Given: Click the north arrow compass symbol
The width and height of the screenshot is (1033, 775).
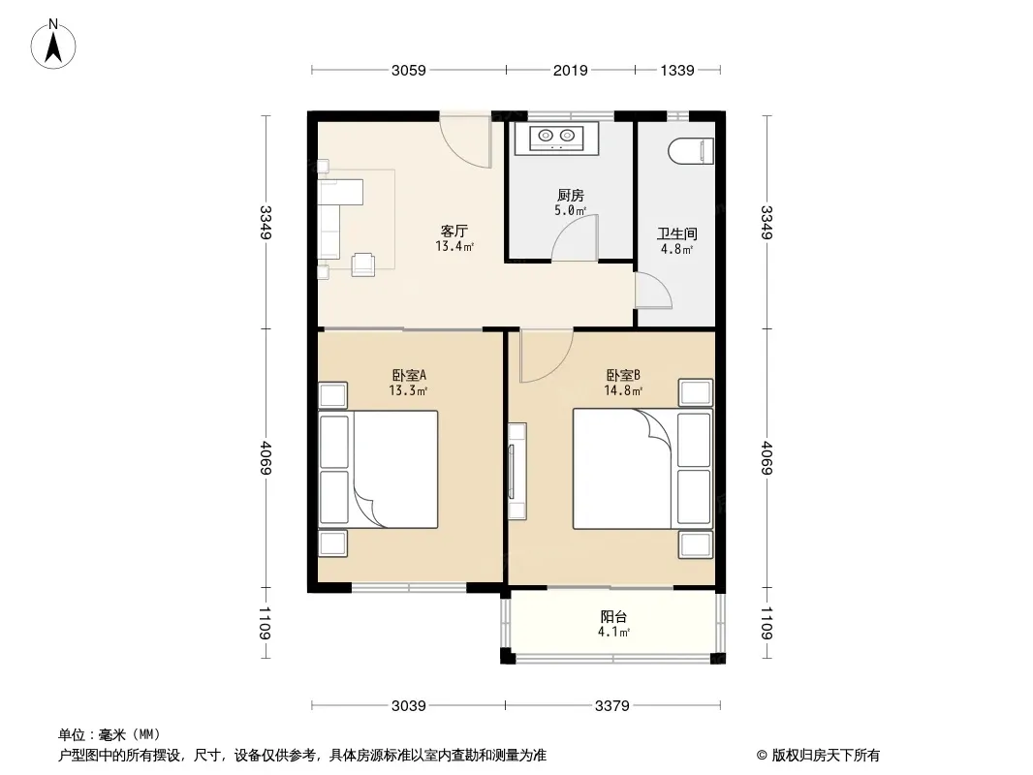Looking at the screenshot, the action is (x=53, y=45).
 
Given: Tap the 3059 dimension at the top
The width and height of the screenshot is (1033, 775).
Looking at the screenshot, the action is (x=409, y=70).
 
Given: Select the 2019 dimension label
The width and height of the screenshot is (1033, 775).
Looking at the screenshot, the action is (x=571, y=70).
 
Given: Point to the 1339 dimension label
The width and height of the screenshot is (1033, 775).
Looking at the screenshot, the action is (x=677, y=70).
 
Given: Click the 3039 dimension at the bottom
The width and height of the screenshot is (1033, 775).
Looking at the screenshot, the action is (x=409, y=706).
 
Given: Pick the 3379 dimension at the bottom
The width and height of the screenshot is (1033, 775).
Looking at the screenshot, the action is (x=612, y=706).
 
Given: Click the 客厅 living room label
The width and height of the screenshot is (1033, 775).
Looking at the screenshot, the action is (x=454, y=232).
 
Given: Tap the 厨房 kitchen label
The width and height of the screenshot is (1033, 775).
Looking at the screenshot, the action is (x=571, y=195).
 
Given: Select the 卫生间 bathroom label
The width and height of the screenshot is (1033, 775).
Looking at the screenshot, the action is (x=676, y=233).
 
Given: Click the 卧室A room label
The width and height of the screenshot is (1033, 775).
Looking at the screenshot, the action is (x=409, y=375).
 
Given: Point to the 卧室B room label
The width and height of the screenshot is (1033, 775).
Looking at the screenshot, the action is (x=623, y=375).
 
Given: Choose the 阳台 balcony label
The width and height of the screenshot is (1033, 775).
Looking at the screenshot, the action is (x=613, y=617).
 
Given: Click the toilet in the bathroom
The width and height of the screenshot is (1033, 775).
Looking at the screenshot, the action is (x=691, y=151).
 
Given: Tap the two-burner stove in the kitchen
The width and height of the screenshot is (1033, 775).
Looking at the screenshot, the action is (x=556, y=137).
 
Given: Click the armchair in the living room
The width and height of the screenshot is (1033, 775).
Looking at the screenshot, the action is (x=363, y=264).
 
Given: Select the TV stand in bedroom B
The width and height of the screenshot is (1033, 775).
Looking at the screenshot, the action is (x=517, y=472).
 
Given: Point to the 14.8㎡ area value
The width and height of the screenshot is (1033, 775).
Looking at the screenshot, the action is (x=623, y=390).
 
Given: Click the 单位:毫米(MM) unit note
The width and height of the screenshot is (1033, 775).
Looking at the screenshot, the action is (x=110, y=735).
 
